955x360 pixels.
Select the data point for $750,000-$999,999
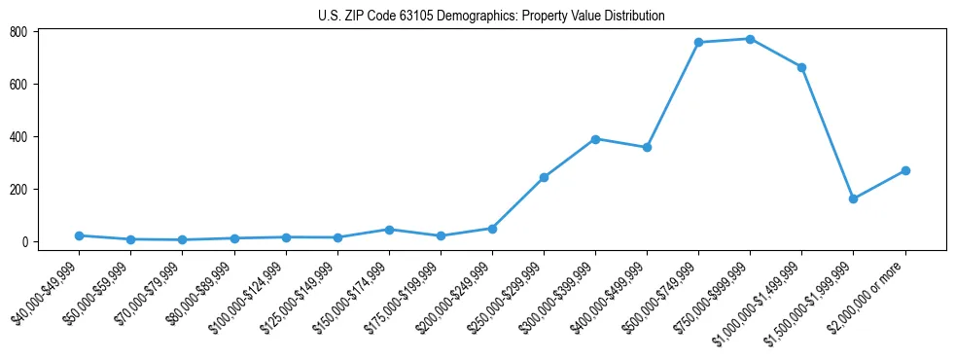750,39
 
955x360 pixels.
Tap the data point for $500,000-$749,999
698,43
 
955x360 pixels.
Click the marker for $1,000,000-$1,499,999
801,67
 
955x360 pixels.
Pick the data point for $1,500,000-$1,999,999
853,198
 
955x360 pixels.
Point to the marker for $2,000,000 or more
904,170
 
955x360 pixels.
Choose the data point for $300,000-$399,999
595,139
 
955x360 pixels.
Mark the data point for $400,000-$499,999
647,147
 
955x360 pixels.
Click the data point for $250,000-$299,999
544,177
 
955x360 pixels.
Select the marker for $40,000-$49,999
79,235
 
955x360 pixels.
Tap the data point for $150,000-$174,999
389,230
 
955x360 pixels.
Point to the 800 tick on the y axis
18,32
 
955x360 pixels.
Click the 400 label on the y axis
18,137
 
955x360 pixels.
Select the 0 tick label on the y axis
24,242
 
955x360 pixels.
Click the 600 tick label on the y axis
18,85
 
